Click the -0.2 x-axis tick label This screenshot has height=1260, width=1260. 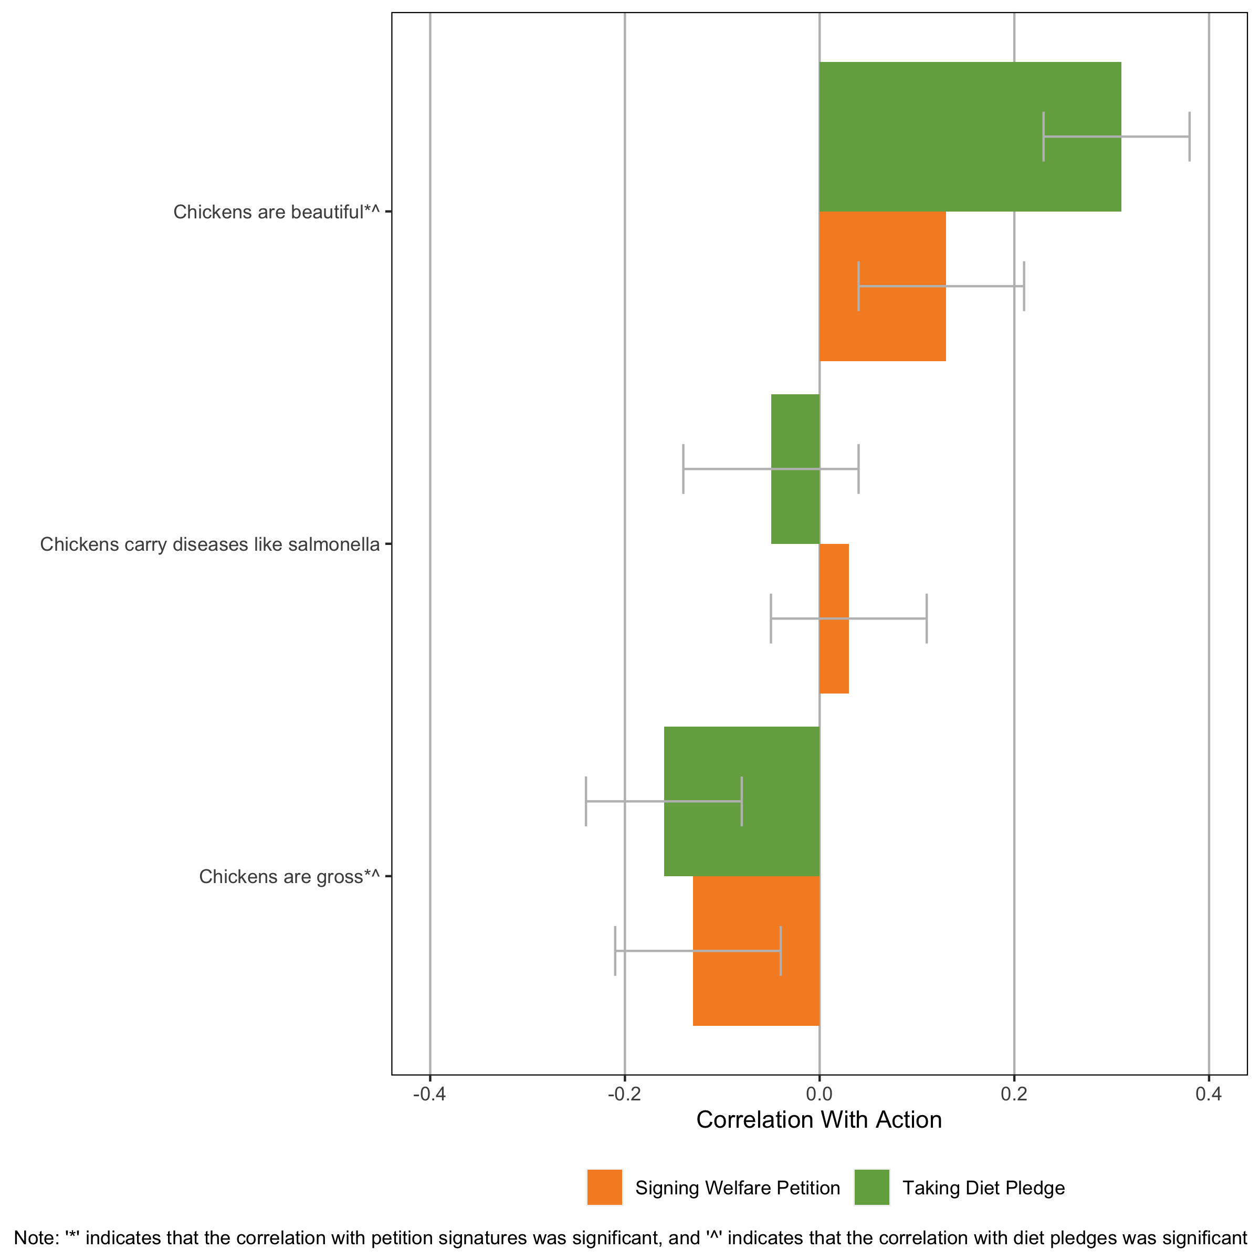(x=624, y=1094)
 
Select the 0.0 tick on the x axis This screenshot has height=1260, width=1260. (x=819, y=1094)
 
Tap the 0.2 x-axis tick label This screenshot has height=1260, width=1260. (x=1013, y=1094)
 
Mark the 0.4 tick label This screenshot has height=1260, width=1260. (x=1209, y=1094)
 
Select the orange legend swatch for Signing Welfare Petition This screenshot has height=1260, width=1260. (x=605, y=1188)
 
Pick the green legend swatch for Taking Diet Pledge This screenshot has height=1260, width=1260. (x=871, y=1188)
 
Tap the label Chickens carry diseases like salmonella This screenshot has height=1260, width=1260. (x=209, y=544)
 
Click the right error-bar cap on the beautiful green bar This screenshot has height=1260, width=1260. (x=1190, y=136)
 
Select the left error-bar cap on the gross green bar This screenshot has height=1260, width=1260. (x=586, y=802)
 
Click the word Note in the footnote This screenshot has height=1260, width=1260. (x=31, y=1238)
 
